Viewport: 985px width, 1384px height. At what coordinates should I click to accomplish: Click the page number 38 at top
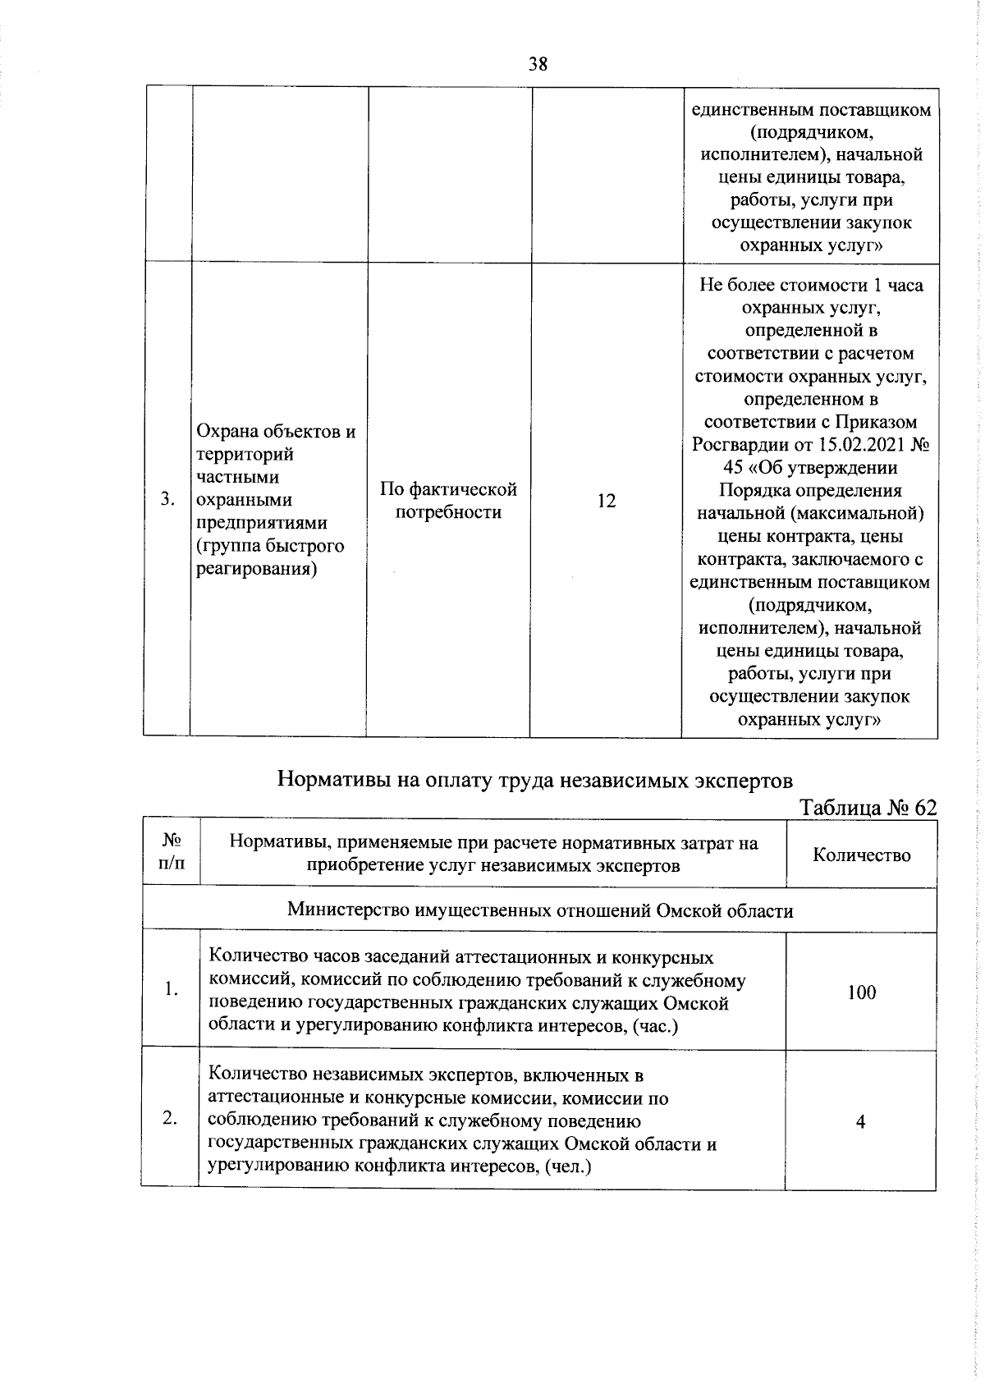(x=538, y=64)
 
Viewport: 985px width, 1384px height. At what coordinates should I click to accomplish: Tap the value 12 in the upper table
(x=607, y=501)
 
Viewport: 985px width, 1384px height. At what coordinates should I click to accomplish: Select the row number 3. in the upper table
(x=167, y=500)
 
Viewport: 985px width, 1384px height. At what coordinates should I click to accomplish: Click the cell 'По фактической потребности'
(x=448, y=501)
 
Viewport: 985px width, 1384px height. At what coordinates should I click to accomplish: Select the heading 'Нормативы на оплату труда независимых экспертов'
(x=535, y=778)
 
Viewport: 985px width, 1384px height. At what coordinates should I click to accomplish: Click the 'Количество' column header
(x=861, y=855)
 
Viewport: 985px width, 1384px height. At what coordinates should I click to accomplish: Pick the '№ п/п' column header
(x=172, y=851)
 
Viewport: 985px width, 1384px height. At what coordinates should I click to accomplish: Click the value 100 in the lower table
(x=861, y=992)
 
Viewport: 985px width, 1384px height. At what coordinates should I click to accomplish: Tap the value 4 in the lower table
(x=860, y=1121)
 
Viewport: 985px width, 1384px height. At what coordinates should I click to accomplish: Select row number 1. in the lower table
(x=170, y=990)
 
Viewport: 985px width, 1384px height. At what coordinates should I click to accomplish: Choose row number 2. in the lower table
(x=170, y=1118)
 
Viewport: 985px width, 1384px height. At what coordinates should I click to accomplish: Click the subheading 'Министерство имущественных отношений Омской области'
(x=540, y=910)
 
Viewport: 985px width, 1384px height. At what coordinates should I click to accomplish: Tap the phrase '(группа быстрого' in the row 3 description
(x=270, y=546)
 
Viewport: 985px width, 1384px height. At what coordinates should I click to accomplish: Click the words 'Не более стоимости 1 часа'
(x=810, y=285)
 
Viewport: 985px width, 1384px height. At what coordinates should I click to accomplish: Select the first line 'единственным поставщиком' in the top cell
(x=811, y=109)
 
